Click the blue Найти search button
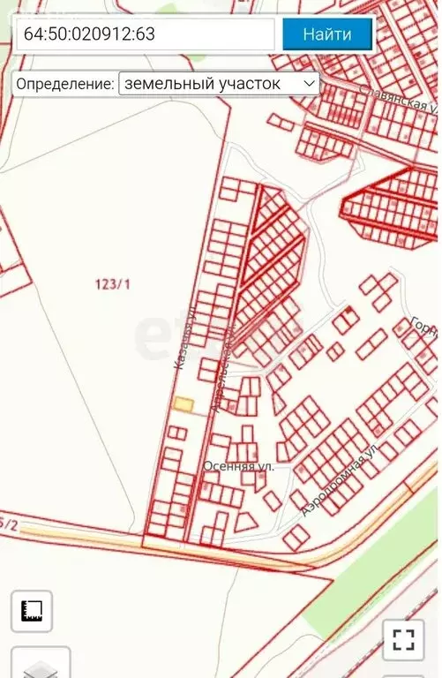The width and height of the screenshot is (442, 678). click(x=327, y=34)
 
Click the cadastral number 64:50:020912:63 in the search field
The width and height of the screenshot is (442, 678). click(x=90, y=35)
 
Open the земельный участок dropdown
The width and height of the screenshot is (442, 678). click(x=219, y=84)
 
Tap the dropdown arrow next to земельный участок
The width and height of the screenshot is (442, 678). click(x=309, y=84)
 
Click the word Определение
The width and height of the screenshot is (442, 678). click(x=64, y=85)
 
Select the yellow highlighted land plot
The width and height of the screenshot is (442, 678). click(x=184, y=403)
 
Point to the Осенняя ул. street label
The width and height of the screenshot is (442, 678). click(x=238, y=465)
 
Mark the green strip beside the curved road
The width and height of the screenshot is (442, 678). click(x=371, y=574)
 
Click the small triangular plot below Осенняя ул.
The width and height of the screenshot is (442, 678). click(x=247, y=520)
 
